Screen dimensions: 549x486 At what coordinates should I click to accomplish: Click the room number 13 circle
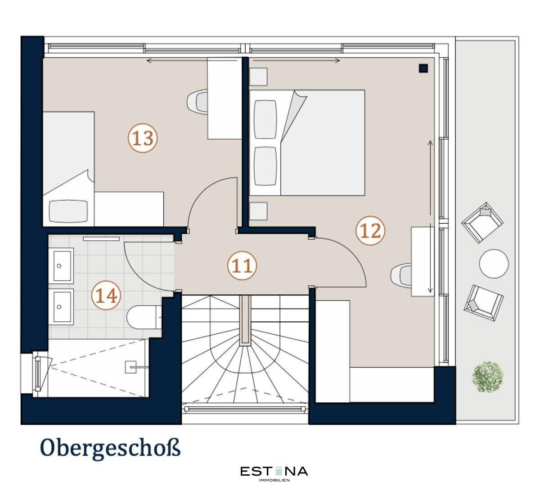click(142, 138)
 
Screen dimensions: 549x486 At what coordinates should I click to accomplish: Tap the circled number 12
click(370, 231)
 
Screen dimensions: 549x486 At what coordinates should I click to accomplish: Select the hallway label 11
click(242, 265)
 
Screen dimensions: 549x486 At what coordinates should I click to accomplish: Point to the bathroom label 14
click(106, 295)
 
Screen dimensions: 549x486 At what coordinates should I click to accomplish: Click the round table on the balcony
click(494, 263)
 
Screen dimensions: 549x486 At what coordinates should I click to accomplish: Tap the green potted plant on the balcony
click(487, 377)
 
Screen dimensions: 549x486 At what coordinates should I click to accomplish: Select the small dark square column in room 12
click(423, 68)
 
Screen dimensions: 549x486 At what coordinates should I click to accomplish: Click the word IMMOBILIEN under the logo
click(274, 480)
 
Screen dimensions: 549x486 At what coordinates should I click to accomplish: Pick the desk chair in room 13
click(197, 101)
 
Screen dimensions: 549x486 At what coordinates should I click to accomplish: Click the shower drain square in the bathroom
click(130, 367)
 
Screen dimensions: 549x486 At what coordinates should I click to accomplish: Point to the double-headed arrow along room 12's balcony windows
click(430, 216)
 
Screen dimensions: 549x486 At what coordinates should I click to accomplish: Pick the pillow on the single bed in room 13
click(68, 211)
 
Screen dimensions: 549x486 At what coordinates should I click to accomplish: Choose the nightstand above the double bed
click(258, 76)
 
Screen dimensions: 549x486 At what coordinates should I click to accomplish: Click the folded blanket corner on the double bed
click(293, 116)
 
